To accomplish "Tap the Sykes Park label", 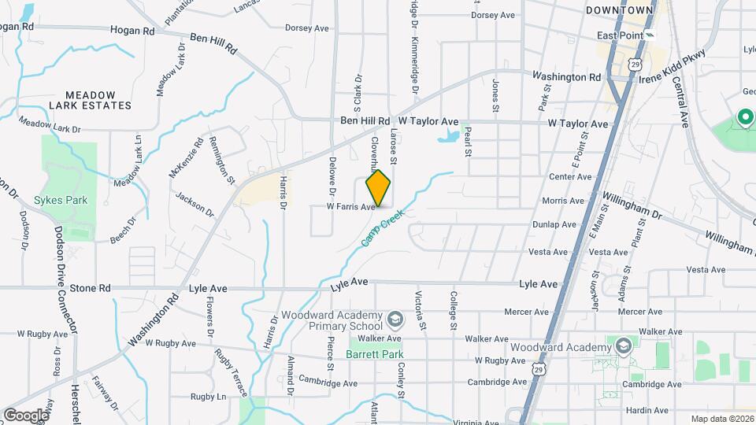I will pyautogui.click(x=61, y=200).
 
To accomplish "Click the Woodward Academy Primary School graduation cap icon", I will pyautogui.click(x=395, y=320).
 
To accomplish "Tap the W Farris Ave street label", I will pyautogui.click(x=351, y=207).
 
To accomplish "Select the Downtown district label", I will pyautogui.click(x=620, y=10).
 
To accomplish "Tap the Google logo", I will pyautogui.click(x=25, y=415).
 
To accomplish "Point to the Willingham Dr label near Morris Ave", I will pyautogui.click(x=632, y=205).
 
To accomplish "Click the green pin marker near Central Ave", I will pyautogui.click(x=744, y=119).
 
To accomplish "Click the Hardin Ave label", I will pyautogui.click(x=648, y=411).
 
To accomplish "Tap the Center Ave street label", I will pyautogui.click(x=570, y=177).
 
